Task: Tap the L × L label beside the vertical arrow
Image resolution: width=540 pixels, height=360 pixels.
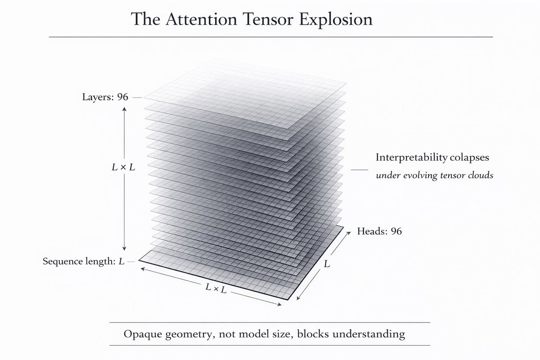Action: (123, 167)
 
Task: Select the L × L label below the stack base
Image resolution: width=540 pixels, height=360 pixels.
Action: (216, 288)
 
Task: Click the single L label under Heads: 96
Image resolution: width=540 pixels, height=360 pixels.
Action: (327, 264)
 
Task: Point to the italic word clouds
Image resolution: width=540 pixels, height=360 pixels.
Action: (481, 175)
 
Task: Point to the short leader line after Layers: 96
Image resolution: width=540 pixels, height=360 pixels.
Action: (136, 97)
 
